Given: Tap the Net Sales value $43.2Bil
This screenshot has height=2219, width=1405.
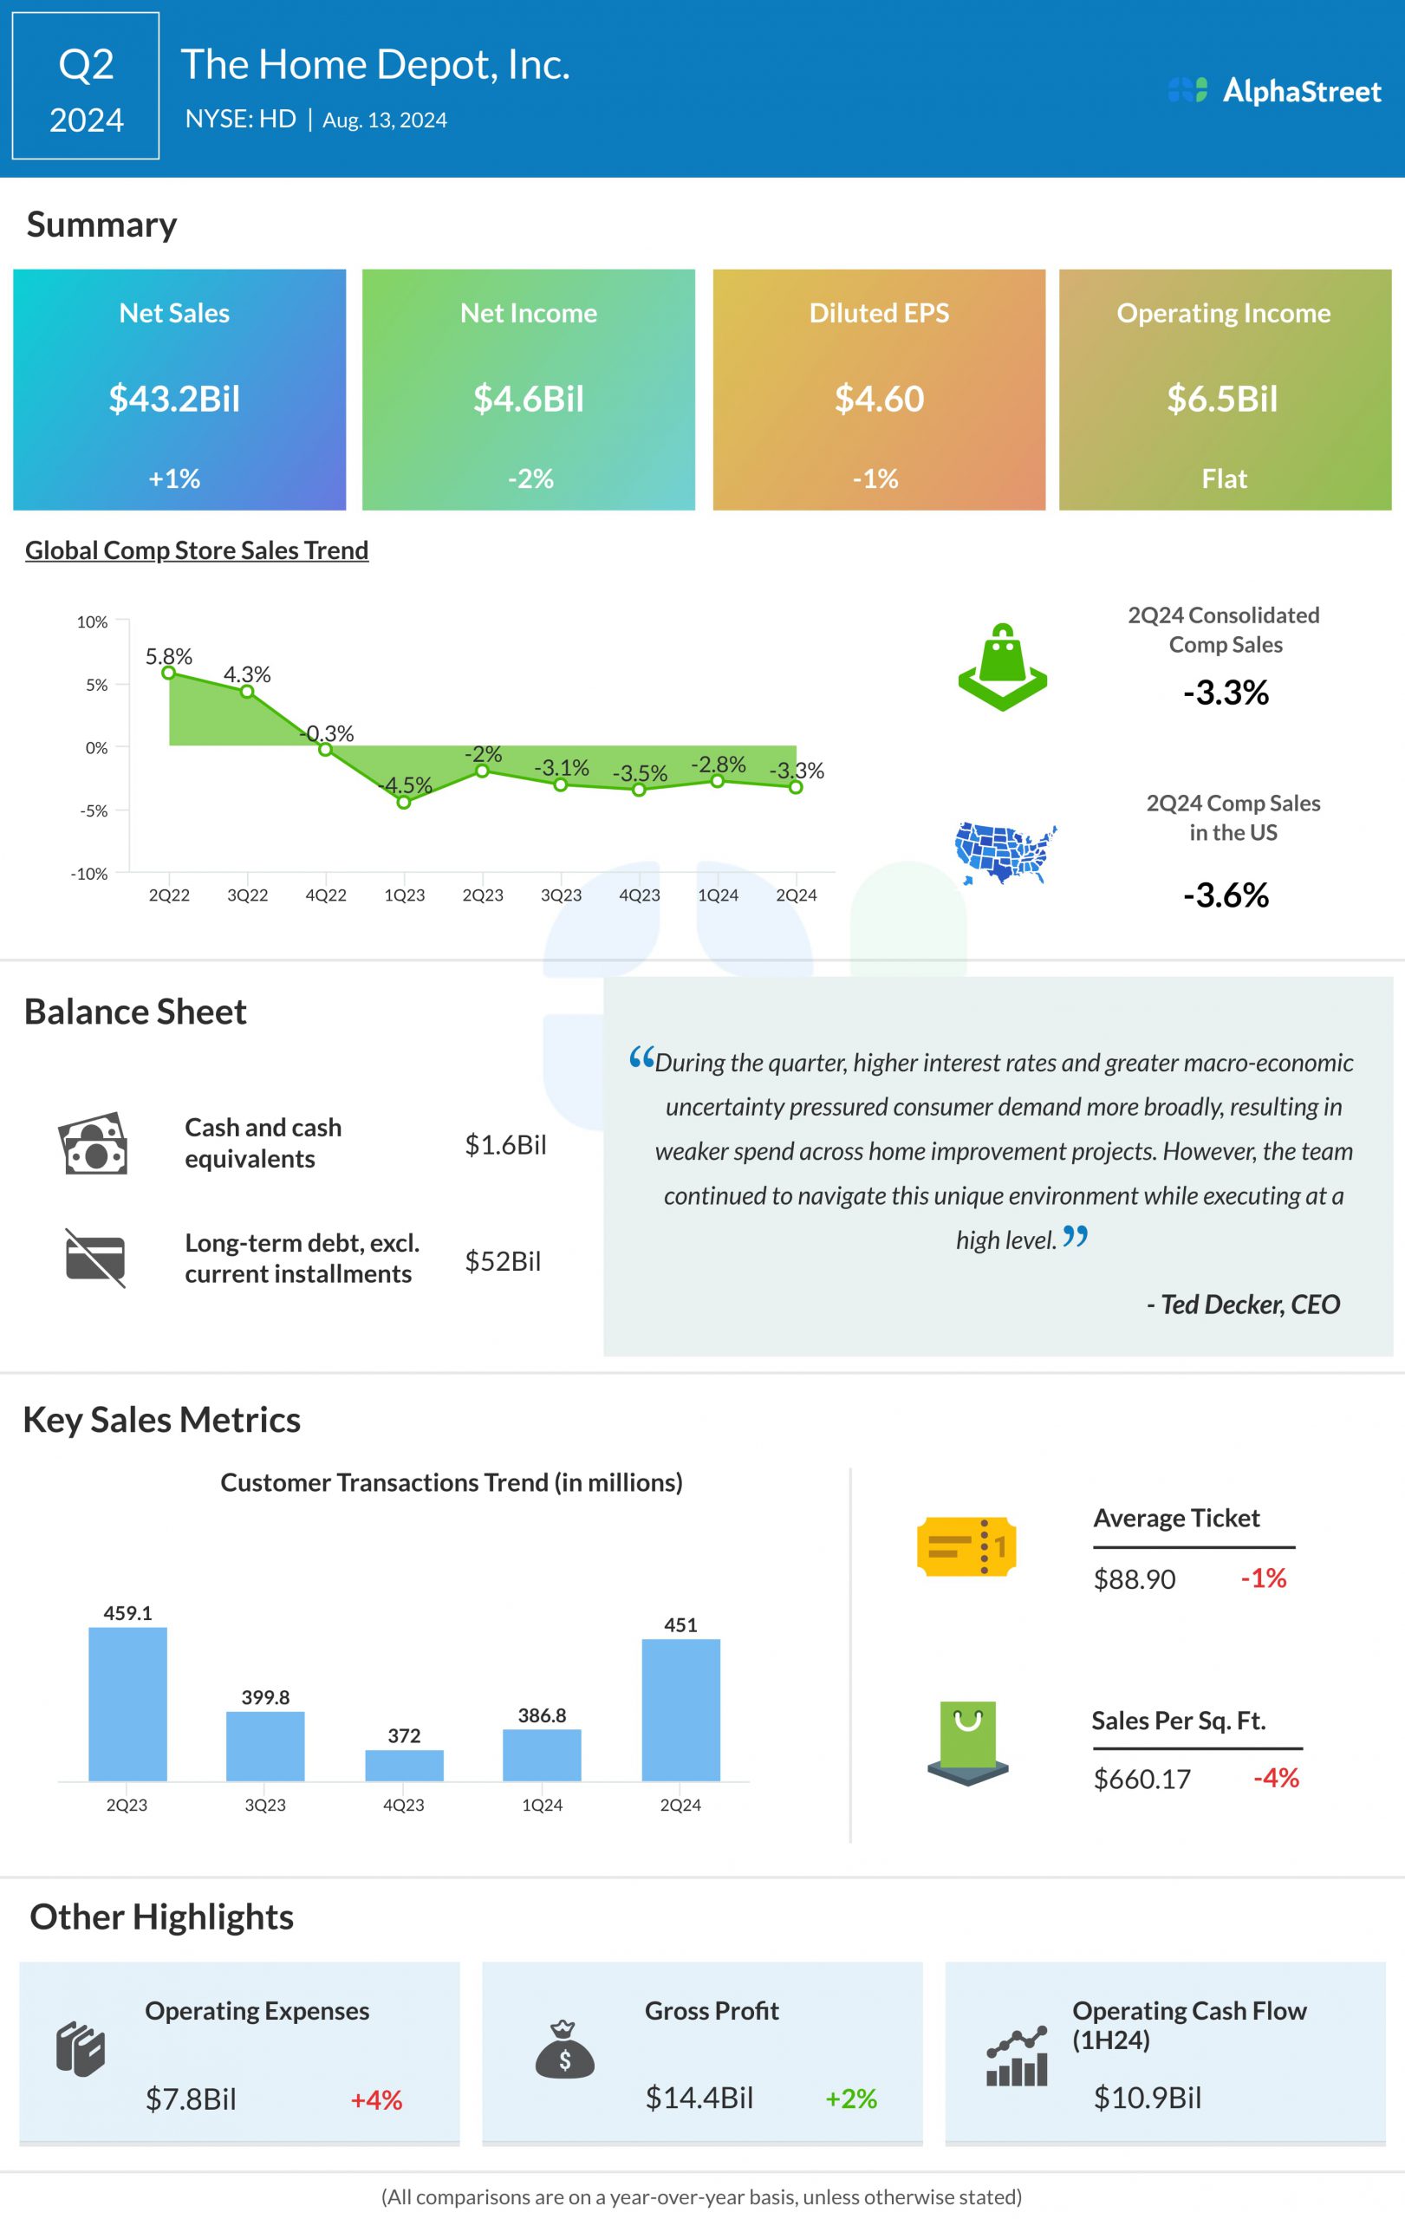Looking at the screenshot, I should tap(174, 398).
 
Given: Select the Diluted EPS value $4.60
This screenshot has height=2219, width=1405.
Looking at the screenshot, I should tap(879, 398).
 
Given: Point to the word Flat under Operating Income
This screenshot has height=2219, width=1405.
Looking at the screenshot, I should tap(1224, 478).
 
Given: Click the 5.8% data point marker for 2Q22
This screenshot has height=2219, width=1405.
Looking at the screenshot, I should tap(169, 673).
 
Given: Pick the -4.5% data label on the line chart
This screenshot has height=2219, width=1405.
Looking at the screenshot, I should tap(407, 785).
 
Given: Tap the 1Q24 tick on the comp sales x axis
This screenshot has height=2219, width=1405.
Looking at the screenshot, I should tap(718, 895).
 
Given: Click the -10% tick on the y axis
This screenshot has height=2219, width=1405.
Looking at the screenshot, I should tap(89, 874).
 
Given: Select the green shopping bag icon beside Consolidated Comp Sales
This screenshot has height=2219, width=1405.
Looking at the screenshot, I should tap(1002, 667).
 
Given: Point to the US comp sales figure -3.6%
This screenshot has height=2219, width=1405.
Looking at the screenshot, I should tap(1226, 895).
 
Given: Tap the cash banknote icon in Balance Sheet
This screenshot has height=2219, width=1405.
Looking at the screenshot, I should tap(92, 1143).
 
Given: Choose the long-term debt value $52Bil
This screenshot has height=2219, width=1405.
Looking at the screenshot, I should tap(502, 1260).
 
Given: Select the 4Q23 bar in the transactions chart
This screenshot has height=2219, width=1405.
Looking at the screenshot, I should tap(404, 1765).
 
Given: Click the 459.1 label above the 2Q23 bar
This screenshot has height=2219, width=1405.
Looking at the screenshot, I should tap(127, 1612).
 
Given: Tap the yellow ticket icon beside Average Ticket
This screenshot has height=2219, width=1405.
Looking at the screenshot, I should tap(966, 1546).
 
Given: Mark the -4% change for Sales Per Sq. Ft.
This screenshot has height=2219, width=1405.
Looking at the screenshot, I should tap(1276, 1778).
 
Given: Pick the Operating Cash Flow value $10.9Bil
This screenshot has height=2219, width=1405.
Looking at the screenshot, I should tap(1147, 2099).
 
